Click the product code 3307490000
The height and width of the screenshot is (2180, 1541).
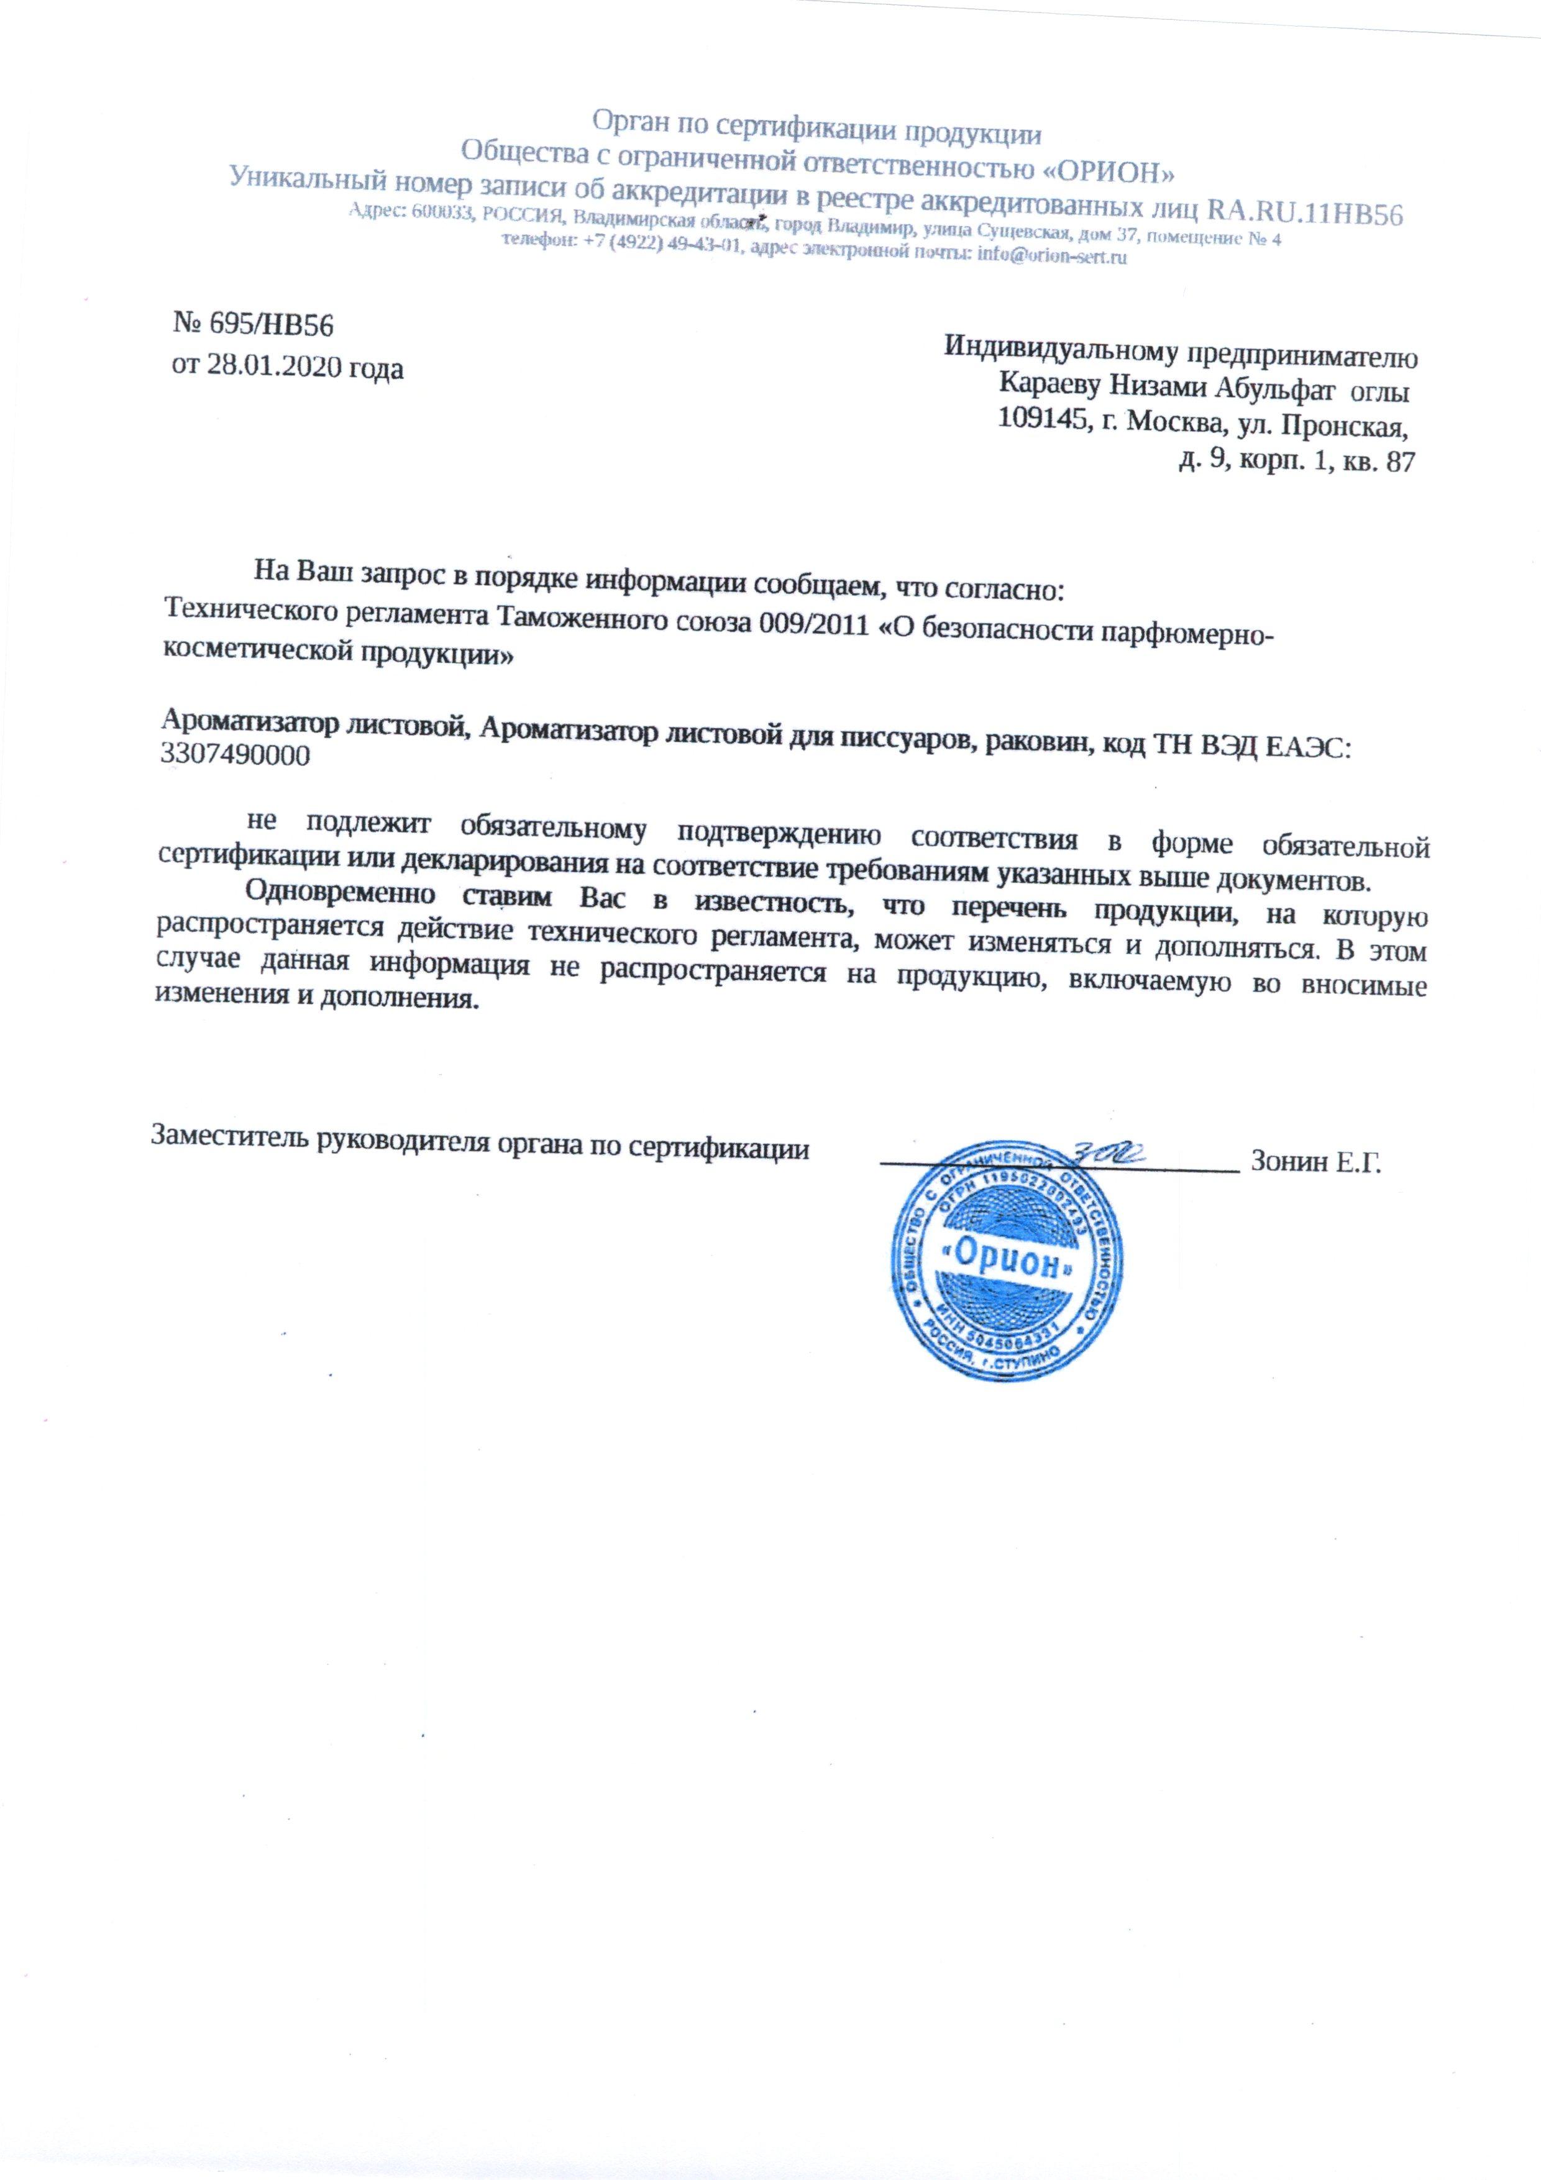237,757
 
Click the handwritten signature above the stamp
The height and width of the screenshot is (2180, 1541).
1111,1154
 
